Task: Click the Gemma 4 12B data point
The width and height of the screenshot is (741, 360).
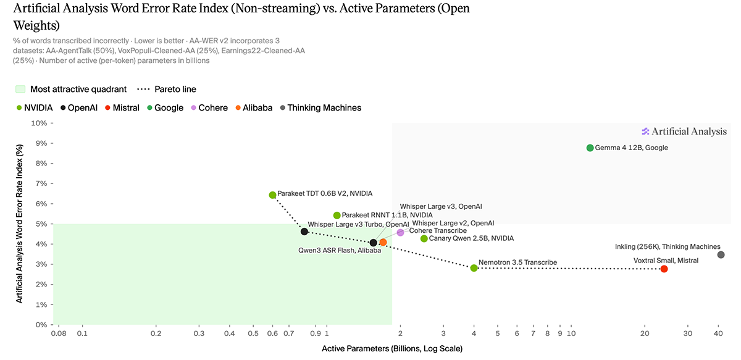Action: click(590, 148)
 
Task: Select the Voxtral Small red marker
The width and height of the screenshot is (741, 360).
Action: click(664, 269)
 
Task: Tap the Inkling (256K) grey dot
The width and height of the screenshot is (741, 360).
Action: click(721, 255)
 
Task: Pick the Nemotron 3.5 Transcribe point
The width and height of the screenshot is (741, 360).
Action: click(474, 268)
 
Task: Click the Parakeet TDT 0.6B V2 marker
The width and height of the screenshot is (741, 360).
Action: click(272, 195)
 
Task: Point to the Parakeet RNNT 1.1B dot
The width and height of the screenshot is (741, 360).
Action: click(337, 216)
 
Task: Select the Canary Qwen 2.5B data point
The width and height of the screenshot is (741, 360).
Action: click(424, 238)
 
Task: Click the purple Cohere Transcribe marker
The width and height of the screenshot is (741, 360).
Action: click(400, 233)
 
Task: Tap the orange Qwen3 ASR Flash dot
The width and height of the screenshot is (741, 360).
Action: click(383, 242)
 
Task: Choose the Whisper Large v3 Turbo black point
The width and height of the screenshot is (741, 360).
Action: click(304, 232)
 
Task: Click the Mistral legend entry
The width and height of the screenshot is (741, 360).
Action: click(122, 108)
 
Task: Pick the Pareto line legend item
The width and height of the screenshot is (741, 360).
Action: click(166, 90)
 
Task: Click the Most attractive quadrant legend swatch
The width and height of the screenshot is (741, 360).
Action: click(20, 90)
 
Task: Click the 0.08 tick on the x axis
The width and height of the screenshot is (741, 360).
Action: click(59, 333)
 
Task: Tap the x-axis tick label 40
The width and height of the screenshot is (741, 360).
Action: click(718, 333)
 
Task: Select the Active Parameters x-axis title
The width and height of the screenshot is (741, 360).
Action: click(392, 349)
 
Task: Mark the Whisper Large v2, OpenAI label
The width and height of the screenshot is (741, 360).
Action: click(453, 224)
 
